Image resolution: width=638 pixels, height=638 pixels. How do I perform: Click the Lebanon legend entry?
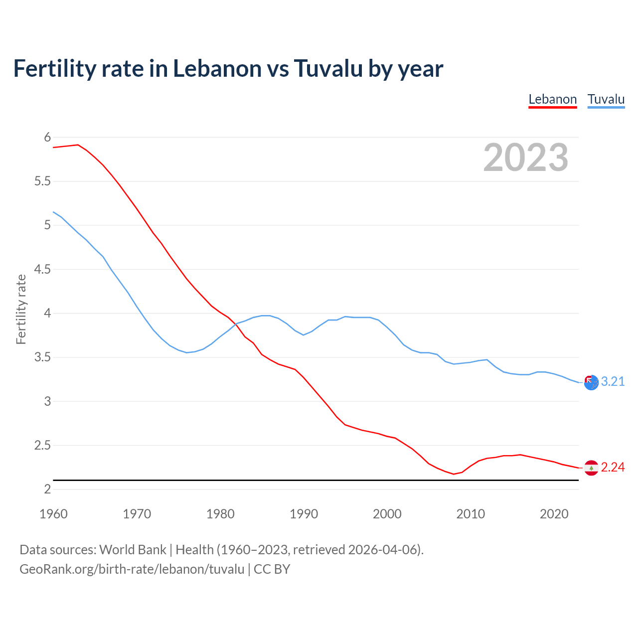[x=552, y=99]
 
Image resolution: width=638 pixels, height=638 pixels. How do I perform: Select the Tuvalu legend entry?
[x=606, y=99]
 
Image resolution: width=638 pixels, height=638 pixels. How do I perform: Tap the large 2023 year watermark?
[x=525, y=158]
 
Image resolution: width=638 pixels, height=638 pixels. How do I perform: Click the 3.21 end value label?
[x=613, y=382]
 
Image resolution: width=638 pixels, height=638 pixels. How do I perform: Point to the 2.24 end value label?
[x=613, y=468]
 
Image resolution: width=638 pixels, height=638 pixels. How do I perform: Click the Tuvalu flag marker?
[x=591, y=382]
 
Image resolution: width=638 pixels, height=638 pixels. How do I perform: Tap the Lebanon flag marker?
[x=591, y=468]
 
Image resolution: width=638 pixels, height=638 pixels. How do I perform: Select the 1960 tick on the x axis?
[x=53, y=514]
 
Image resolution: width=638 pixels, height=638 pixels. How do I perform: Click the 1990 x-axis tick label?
[x=304, y=514]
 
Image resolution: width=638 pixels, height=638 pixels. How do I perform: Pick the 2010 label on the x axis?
[x=471, y=514]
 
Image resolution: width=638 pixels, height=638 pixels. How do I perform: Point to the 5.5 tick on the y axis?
[x=42, y=181]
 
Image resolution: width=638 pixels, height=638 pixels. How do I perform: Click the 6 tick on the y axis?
[x=48, y=138]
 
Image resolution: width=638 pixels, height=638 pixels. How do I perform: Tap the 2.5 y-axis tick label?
[x=42, y=446]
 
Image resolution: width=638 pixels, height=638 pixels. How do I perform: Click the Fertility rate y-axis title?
[x=21, y=309]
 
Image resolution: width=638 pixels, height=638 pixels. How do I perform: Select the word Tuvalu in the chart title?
[x=328, y=69]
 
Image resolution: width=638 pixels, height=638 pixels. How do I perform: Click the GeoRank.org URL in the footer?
[x=132, y=569]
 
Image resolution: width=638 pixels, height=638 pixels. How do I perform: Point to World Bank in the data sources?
[x=133, y=550]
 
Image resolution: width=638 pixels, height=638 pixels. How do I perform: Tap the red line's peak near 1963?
[x=78, y=145]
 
